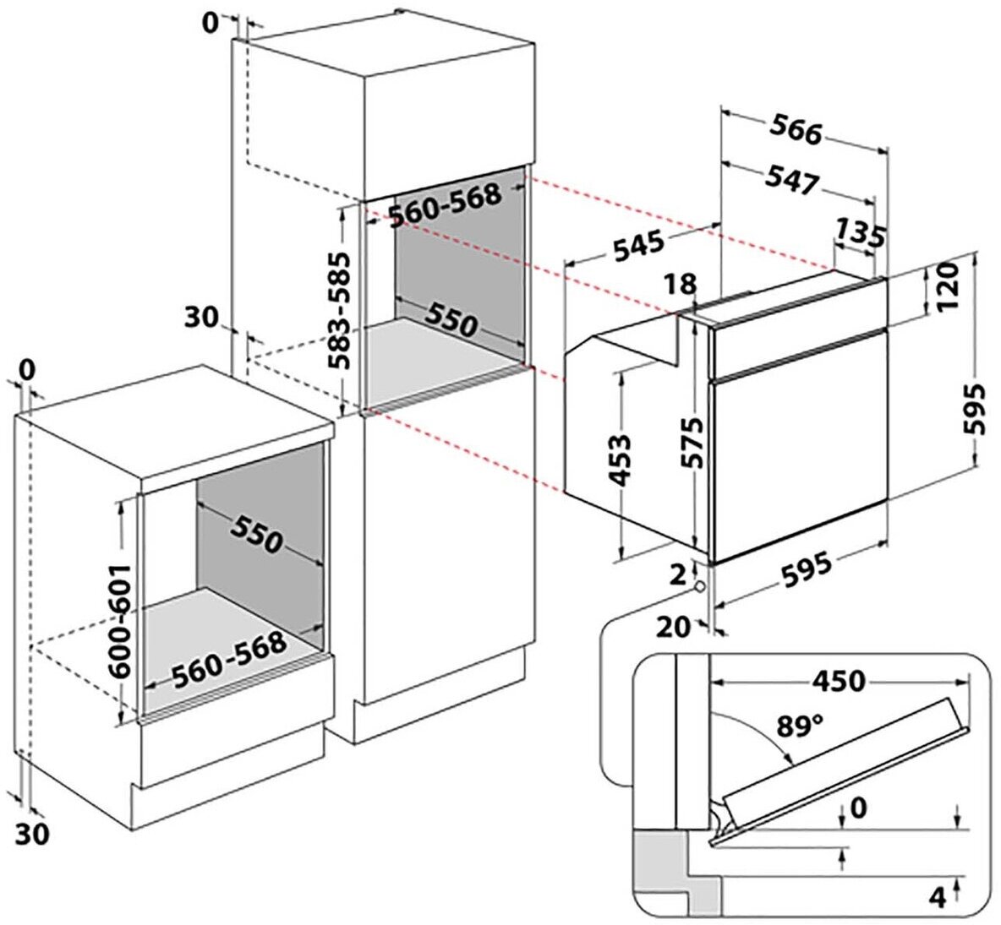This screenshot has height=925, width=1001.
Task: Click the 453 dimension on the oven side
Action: pos(621,460)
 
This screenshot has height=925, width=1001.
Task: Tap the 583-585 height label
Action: pos(340,309)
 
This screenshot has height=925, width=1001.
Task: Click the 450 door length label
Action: pos(838,680)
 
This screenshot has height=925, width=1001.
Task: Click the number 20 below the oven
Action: pos(673,626)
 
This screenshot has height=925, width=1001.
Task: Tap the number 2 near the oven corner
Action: pos(676,574)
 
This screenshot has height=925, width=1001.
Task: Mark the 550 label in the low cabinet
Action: pos(255,533)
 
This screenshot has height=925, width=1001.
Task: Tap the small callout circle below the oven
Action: pos(699,586)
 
